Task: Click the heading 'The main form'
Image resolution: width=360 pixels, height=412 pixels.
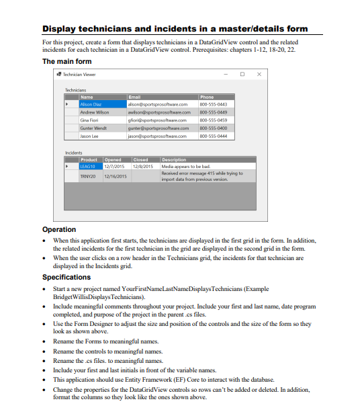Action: [67, 61]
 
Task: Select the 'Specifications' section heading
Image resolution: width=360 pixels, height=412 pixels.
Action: [66, 277]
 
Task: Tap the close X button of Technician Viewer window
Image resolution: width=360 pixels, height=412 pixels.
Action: [259, 74]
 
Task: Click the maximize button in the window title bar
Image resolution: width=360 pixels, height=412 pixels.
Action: [242, 74]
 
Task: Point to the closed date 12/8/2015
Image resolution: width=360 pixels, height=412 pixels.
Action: [144, 165]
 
